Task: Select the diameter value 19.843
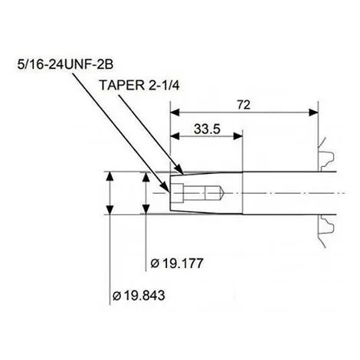pyautogui.click(x=142, y=295)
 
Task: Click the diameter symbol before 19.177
pyautogui.click(x=155, y=263)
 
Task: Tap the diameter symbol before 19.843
pyautogui.click(x=117, y=295)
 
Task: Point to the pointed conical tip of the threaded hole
pyautogui.click(x=223, y=192)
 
